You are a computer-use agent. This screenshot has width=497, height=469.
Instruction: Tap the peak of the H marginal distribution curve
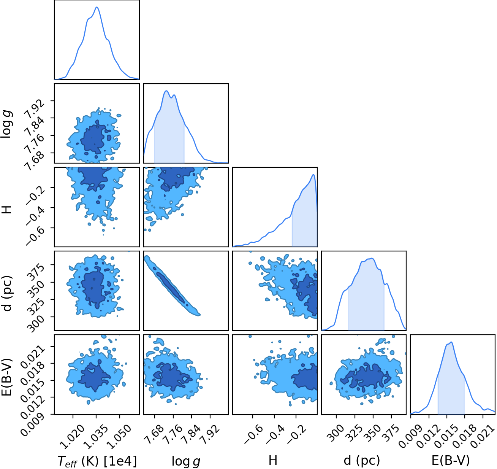[x=313, y=175]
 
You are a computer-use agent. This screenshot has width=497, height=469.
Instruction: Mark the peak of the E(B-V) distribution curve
[x=451, y=342]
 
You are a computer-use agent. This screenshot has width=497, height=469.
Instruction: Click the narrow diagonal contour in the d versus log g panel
[x=172, y=286]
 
